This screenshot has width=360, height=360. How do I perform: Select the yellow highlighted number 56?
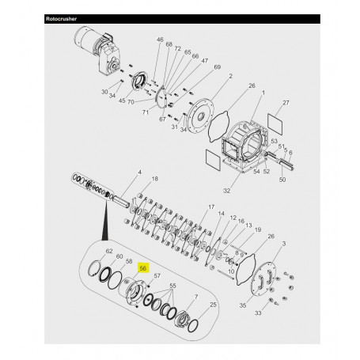click(x=143, y=267)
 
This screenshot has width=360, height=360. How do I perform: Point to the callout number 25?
click(x=213, y=304)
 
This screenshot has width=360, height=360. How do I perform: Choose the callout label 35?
click(x=242, y=303)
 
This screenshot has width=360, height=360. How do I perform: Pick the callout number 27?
click(x=286, y=103)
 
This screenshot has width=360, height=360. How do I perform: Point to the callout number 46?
click(x=160, y=40)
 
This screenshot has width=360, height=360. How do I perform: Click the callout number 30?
click(x=104, y=92)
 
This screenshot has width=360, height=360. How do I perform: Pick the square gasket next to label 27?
click(x=275, y=120)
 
